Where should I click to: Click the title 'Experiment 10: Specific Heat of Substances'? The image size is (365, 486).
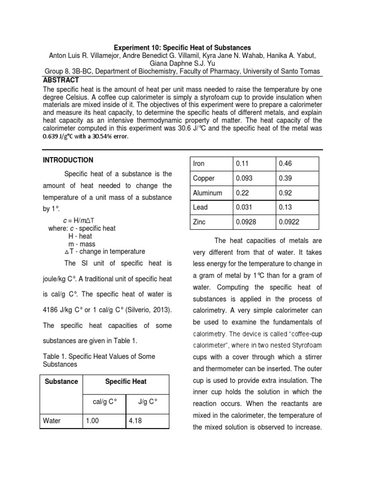pos(182,47)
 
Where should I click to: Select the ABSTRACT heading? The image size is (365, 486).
pos(61,80)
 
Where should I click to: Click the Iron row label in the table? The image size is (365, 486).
pos(199,164)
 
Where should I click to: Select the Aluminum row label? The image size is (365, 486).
pos(207,193)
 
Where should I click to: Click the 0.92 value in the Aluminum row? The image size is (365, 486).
pos(286,193)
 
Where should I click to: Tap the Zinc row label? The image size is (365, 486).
pos(200,222)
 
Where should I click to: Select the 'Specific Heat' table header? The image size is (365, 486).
pos(125,381)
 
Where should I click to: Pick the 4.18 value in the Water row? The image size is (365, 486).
pos(136,421)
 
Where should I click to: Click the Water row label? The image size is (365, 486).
pos(52,421)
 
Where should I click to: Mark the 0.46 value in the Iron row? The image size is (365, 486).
pos(286,164)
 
